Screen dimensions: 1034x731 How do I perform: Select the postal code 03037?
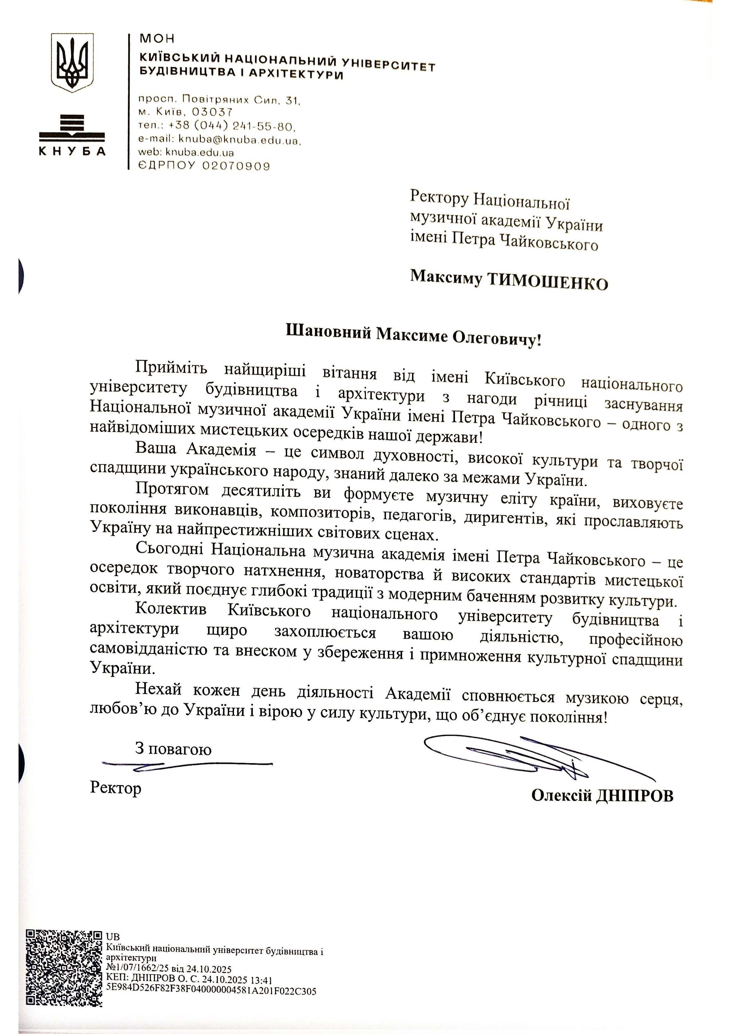pos(212,112)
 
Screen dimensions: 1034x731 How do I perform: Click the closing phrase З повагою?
pos(173,749)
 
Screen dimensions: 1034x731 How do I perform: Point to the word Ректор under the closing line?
pos(116,788)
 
